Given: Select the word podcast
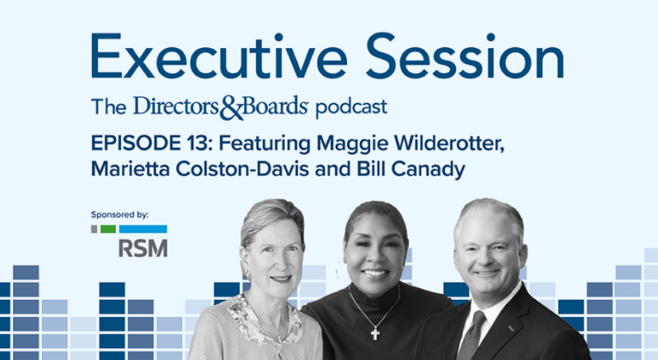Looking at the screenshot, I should pyautogui.click(x=350, y=107).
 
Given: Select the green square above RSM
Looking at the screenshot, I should pyautogui.click(x=107, y=229).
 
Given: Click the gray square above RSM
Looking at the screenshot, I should pyautogui.click(x=94, y=229).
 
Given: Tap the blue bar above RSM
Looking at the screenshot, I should pyautogui.click(x=143, y=229).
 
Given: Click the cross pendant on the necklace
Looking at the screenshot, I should pyautogui.click(x=375, y=333).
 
